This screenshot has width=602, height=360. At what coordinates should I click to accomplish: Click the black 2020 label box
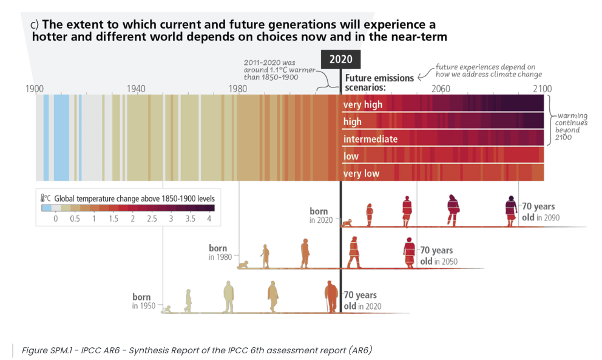click(x=340, y=59)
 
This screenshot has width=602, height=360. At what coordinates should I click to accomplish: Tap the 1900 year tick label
click(x=35, y=89)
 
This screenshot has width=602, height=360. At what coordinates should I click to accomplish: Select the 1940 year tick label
click(x=136, y=89)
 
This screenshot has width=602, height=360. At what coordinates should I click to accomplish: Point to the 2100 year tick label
click(x=542, y=89)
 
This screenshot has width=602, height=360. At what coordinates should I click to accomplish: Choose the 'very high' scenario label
click(x=363, y=104)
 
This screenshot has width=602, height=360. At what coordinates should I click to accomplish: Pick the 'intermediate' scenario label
click(x=370, y=139)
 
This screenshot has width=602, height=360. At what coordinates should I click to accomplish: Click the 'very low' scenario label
click(x=361, y=174)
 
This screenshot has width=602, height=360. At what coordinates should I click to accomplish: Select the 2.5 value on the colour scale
click(x=152, y=219)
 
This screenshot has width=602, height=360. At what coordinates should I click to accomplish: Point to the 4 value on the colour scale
click(x=209, y=219)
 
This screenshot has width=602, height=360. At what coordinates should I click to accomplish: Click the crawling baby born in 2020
click(x=347, y=223)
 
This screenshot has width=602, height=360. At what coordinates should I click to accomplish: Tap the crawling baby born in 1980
click(x=243, y=265)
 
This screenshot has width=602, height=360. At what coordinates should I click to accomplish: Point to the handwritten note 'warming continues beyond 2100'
click(x=569, y=126)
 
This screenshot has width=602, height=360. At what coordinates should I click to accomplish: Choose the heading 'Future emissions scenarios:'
click(x=380, y=83)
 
